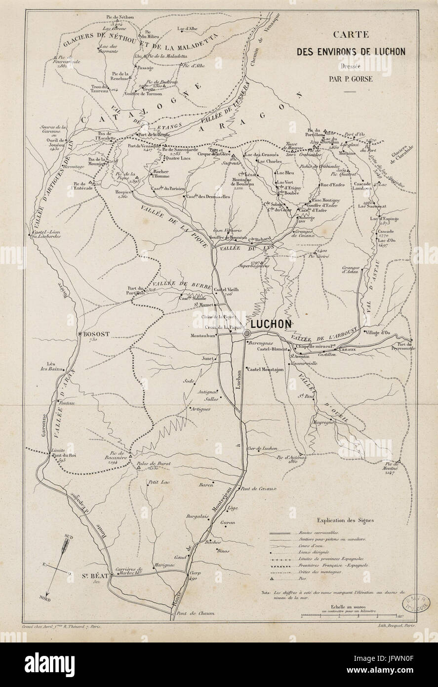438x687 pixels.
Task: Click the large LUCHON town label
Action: click(x=271, y=324)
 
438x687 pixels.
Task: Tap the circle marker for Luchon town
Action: click(x=246, y=335)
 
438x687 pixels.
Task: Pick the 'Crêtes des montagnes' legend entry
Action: click(x=319, y=572)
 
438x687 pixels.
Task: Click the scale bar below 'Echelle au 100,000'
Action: click(x=350, y=616)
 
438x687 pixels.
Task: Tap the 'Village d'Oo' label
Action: click(x=377, y=333)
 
